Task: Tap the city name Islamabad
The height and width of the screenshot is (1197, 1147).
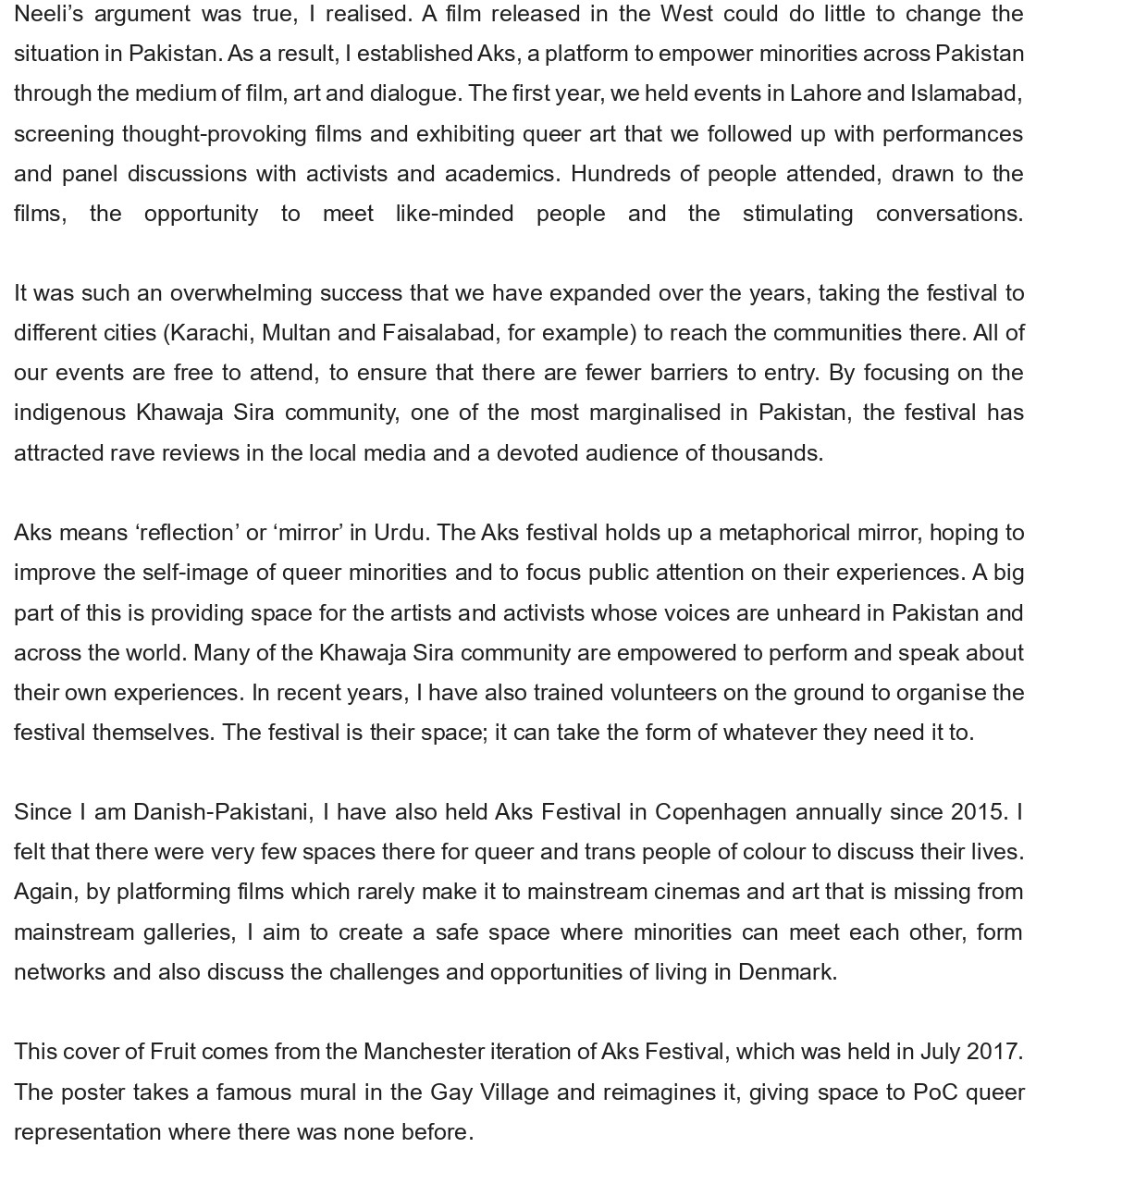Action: [x=965, y=93]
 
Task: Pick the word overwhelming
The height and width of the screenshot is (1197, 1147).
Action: [x=240, y=293]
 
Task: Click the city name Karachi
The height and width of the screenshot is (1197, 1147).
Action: [x=210, y=333]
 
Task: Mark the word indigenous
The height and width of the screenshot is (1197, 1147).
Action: [x=69, y=413]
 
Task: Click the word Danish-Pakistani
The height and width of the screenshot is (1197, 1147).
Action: [x=223, y=812]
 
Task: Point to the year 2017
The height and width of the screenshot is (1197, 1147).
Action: [x=993, y=1052]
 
